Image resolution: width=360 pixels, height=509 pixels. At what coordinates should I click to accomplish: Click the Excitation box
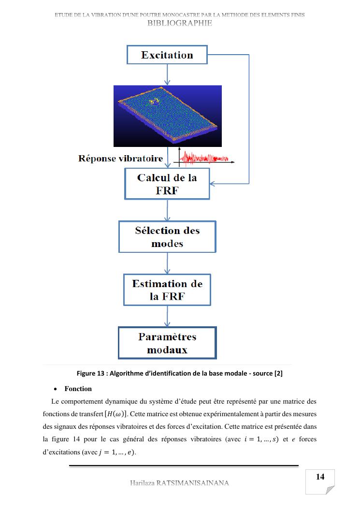click(167, 55)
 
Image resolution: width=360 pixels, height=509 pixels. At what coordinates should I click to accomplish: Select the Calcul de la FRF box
click(167, 183)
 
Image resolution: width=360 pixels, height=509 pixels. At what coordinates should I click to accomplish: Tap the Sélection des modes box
click(167, 237)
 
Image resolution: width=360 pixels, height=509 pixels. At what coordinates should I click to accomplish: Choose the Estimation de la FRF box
click(167, 290)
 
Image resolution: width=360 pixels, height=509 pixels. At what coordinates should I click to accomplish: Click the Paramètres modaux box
click(167, 343)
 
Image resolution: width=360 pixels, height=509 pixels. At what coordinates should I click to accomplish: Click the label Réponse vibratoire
click(120, 159)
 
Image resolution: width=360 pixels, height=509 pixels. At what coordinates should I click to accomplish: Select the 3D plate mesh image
click(167, 116)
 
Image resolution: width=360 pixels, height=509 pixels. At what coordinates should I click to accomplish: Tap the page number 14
click(320, 477)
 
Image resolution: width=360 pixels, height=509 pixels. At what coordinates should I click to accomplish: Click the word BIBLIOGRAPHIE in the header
click(180, 23)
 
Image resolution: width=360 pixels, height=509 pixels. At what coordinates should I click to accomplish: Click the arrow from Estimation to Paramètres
click(167, 316)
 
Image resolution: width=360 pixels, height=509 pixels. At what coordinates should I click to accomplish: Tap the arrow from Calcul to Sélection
click(167, 210)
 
